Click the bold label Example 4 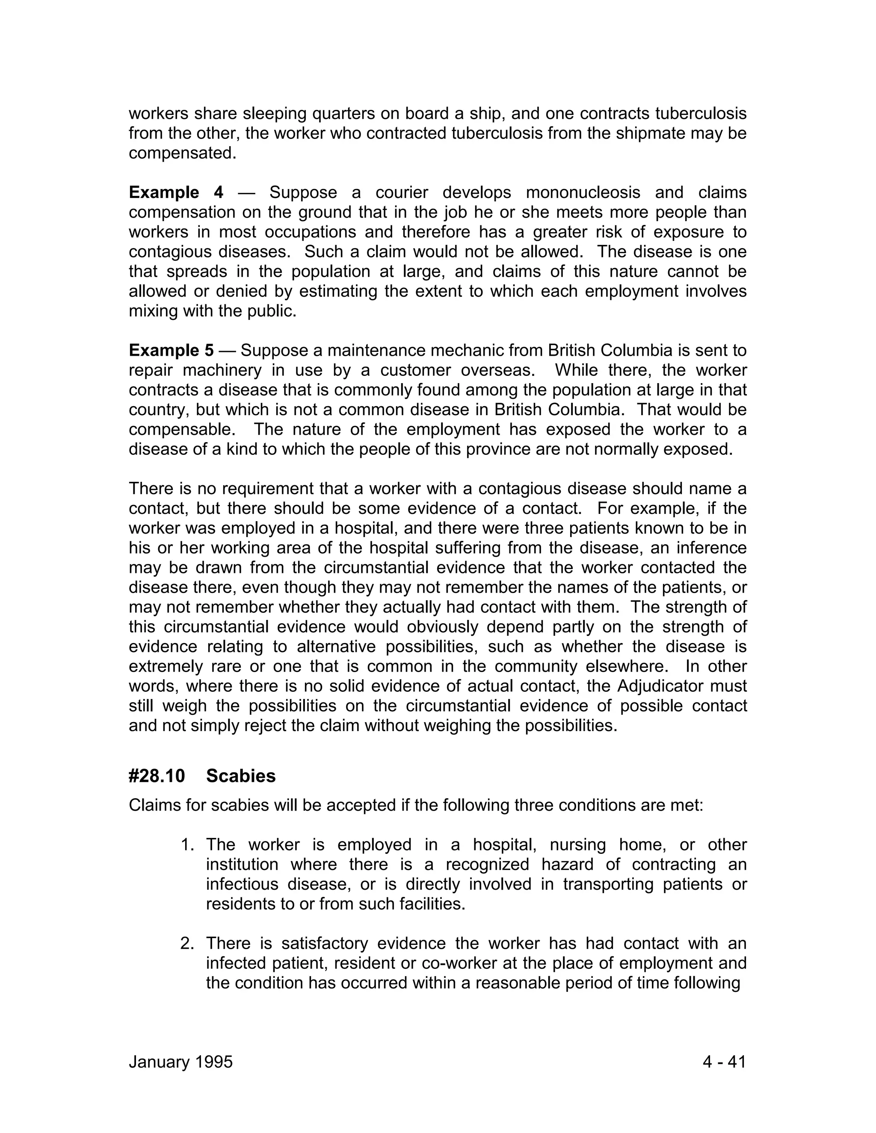(x=176, y=192)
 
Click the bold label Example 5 (x=171, y=351)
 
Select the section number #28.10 (x=157, y=776)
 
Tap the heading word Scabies (x=241, y=776)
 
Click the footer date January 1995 (x=181, y=1062)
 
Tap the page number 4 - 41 (x=724, y=1062)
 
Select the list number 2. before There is (x=188, y=943)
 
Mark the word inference (x=708, y=548)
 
